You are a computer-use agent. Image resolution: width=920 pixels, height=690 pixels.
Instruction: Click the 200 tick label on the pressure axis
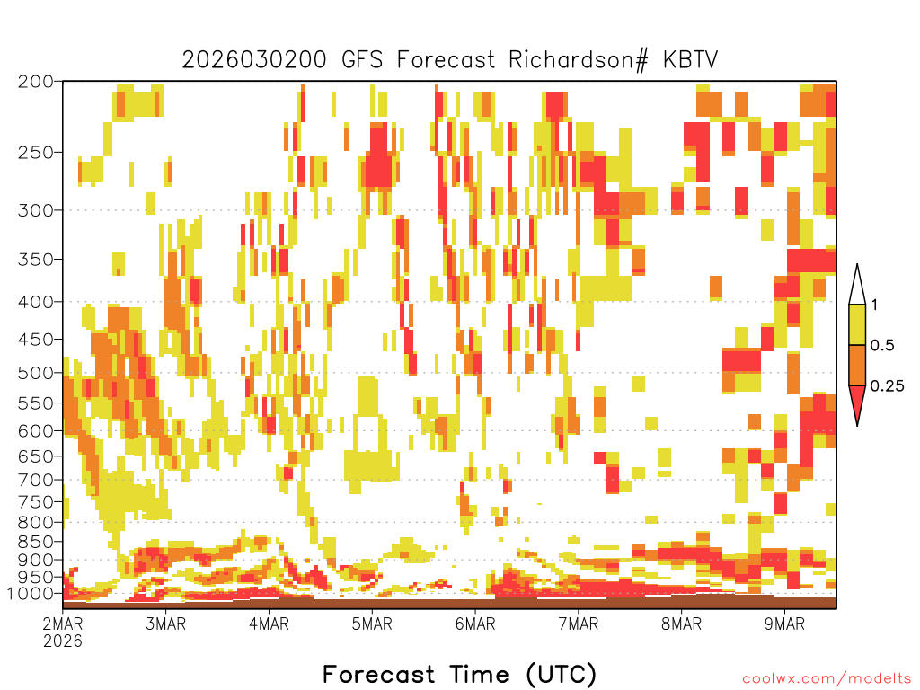(36, 82)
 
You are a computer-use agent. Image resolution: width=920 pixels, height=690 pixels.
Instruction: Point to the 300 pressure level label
(36, 210)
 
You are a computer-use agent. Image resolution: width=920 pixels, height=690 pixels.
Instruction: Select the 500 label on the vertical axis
(36, 373)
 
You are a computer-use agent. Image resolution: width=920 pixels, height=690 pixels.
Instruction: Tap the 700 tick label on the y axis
(36, 480)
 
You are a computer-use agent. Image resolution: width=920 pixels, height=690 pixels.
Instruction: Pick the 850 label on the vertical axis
(36, 542)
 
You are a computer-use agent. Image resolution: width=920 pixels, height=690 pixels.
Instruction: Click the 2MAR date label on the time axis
(63, 624)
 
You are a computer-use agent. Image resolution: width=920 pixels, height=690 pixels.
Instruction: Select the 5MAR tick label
(372, 624)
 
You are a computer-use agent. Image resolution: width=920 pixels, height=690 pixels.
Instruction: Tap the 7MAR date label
(579, 624)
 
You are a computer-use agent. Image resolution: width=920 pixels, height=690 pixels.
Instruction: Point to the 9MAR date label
(785, 624)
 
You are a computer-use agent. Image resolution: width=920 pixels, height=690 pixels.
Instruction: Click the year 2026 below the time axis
(63, 641)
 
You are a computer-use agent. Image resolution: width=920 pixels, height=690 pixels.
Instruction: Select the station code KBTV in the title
(691, 60)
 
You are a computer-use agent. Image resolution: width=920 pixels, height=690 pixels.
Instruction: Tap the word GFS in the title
(362, 60)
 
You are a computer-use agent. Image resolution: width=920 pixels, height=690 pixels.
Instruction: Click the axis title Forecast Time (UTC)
(459, 675)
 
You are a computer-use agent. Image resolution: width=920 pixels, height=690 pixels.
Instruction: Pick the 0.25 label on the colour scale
(887, 386)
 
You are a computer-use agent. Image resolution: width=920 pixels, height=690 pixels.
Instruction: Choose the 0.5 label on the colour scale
(882, 346)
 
